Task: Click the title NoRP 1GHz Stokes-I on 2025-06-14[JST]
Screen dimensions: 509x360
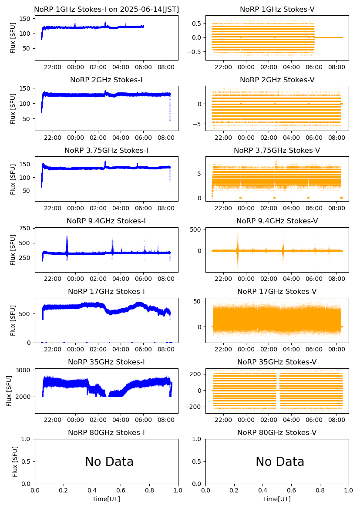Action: [x=106, y=9]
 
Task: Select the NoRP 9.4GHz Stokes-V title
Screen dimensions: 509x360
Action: [x=277, y=221]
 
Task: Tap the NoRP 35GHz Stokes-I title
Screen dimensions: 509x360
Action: [x=106, y=362]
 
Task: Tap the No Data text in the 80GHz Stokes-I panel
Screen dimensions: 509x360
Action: [x=109, y=462]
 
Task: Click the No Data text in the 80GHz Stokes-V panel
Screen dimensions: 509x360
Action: [x=280, y=462]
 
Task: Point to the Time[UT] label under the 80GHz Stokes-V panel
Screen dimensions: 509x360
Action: [x=277, y=499]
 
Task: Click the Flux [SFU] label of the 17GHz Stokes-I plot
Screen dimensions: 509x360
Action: [x=13, y=320]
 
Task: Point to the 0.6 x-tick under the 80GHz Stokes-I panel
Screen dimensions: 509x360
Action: [x=121, y=491]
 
